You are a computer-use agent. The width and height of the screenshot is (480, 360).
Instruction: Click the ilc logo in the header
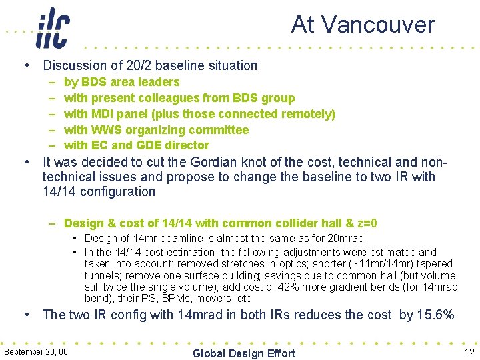(53, 28)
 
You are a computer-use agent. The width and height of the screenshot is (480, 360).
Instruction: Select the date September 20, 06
(36, 351)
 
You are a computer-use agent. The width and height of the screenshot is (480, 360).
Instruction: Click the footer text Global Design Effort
(243, 353)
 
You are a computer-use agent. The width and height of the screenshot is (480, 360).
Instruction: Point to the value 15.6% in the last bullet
(435, 315)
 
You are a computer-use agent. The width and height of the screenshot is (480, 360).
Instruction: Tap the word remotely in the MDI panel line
(308, 114)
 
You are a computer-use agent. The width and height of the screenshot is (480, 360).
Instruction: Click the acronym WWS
(107, 130)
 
